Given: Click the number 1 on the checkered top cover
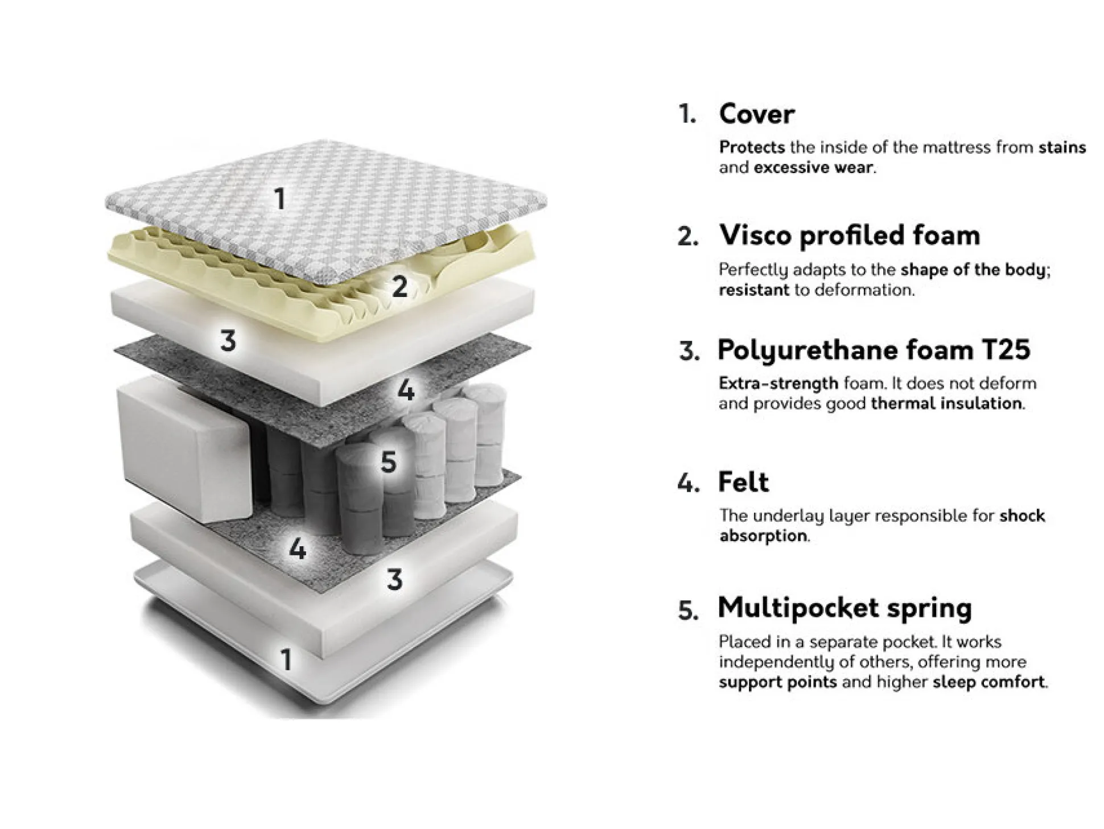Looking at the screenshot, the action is point(279,199).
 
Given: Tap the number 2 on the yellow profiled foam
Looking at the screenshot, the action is point(400,286).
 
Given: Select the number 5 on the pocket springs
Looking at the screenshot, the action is point(388,461).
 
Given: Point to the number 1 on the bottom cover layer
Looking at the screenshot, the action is point(286,659).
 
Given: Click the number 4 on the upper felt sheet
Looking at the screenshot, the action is point(406,390).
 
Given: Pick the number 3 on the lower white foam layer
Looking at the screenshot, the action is point(394,580).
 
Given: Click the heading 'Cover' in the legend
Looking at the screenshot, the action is point(756,114).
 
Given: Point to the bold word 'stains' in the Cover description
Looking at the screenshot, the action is point(1062,147).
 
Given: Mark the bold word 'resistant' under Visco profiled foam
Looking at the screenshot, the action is point(754,290).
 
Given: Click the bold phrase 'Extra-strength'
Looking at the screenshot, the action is point(778,383).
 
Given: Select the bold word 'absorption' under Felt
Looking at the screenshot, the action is point(763,536).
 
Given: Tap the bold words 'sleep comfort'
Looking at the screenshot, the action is point(988,682).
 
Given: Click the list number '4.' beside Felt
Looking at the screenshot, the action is point(687,483).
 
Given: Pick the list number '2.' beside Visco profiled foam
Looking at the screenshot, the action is point(687,236).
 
